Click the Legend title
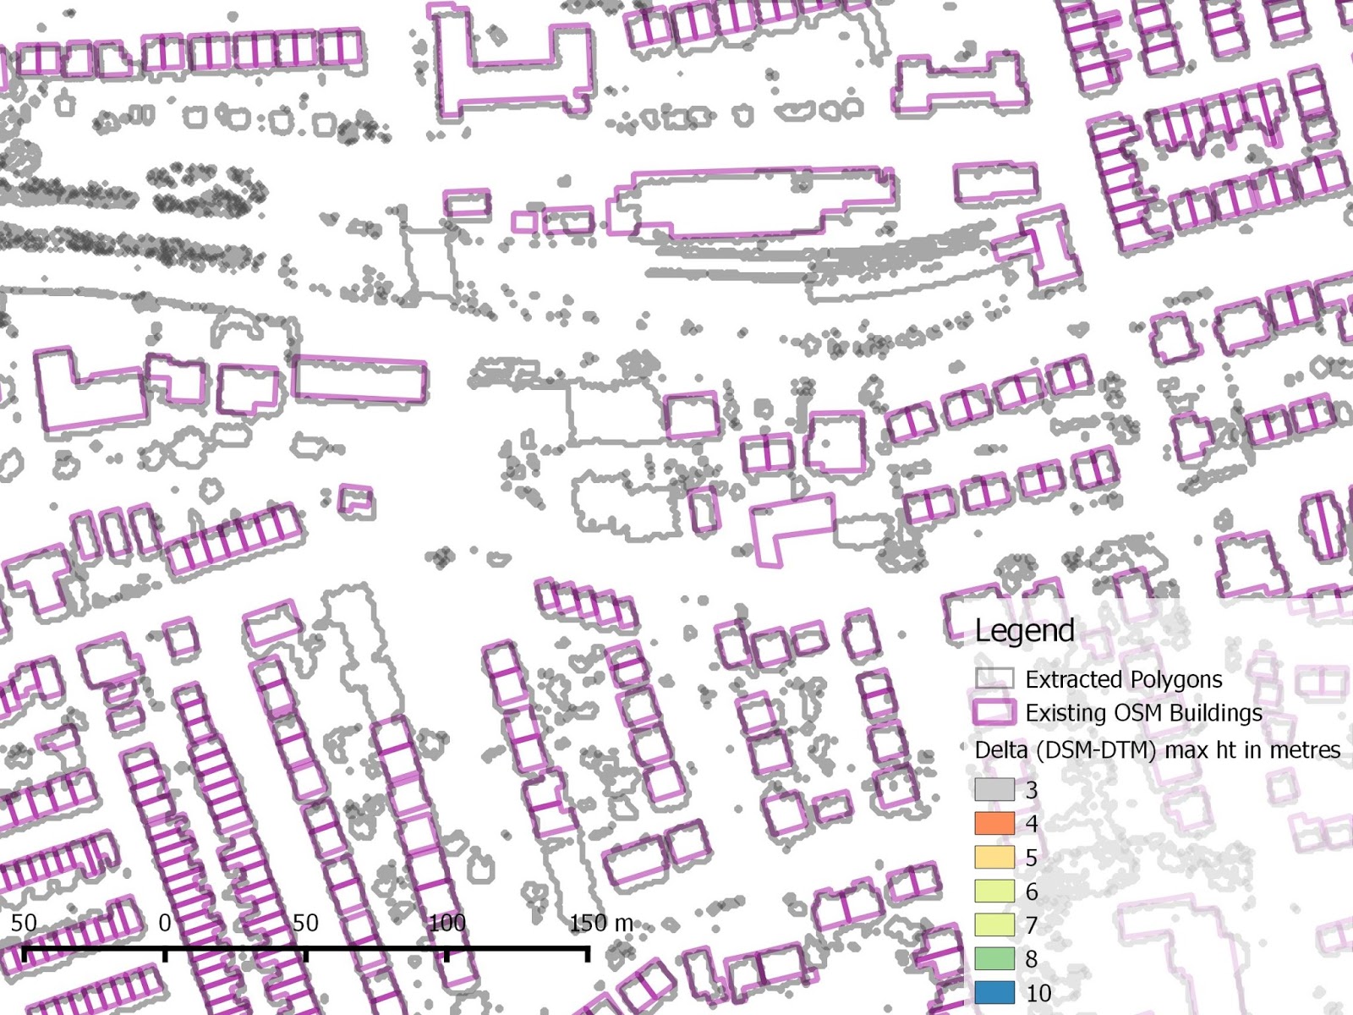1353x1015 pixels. (1024, 631)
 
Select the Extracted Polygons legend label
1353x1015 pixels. (1123, 679)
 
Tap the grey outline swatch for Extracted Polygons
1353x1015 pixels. (994, 679)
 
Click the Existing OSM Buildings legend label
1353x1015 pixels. (1143, 713)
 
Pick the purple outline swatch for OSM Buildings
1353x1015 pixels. (994, 712)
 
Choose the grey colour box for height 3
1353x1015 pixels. (994, 790)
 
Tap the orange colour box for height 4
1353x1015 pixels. (994, 823)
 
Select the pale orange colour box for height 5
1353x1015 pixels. (994, 857)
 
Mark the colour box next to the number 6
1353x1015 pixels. (994, 891)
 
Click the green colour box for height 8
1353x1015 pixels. (994, 958)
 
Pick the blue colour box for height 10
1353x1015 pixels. (994, 992)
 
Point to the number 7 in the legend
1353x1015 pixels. (1032, 925)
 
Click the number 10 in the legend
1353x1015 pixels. (1038, 993)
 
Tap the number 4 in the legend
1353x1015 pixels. (1032, 824)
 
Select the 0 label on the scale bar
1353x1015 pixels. (165, 923)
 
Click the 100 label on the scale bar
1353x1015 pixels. (446, 923)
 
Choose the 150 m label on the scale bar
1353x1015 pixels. (600, 923)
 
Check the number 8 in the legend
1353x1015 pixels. (1032, 959)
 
